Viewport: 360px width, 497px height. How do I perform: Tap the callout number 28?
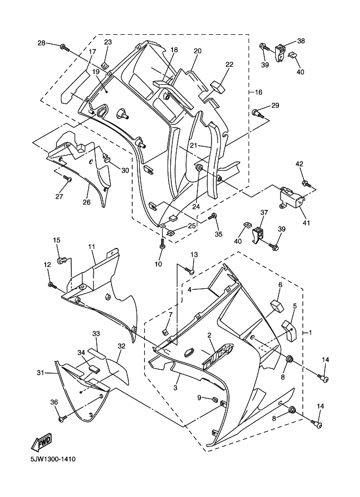pyautogui.click(x=41, y=43)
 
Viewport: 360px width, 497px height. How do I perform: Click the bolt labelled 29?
pyautogui.click(x=257, y=114)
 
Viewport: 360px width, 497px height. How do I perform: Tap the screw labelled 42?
pyautogui.click(x=306, y=183)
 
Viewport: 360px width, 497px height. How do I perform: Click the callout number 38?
pyautogui.click(x=301, y=41)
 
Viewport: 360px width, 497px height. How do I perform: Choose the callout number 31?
pyautogui.click(x=40, y=372)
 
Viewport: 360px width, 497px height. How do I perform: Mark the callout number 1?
pyautogui.click(x=311, y=332)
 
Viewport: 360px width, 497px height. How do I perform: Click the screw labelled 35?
pyautogui.click(x=213, y=218)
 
